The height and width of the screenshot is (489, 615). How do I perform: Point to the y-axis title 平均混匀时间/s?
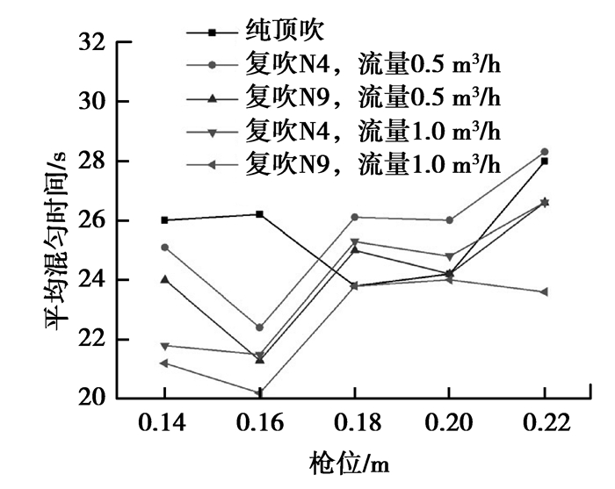[x=54, y=219]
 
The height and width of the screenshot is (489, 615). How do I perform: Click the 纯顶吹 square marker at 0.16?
[x=260, y=214]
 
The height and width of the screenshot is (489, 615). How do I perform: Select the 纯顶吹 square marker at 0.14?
[x=165, y=220]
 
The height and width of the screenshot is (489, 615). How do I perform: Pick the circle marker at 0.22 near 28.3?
[x=545, y=152]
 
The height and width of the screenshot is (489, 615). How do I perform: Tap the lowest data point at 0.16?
[x=260, y=392]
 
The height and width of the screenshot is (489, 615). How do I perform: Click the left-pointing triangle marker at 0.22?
[x=545, y=291]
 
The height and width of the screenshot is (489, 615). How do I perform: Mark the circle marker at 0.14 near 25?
[x=165, y=247]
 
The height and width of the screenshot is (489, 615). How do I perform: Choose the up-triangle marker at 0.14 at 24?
[x=165, y=279]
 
